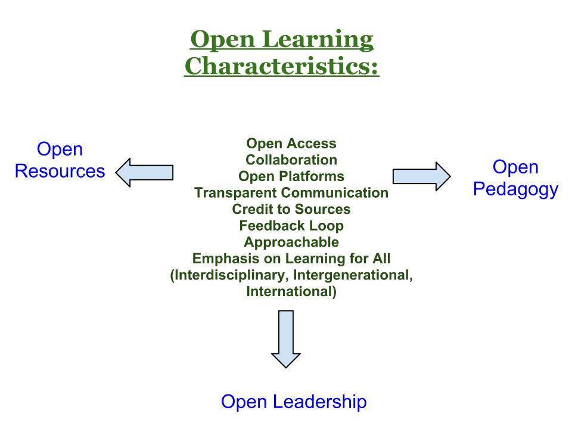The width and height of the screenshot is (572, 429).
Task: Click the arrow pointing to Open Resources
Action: click(144, 173)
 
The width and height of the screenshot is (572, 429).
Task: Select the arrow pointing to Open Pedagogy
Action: click(421, 176)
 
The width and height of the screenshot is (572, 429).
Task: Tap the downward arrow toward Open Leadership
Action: click(286, 339)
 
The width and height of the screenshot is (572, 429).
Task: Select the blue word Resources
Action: click(60, 171)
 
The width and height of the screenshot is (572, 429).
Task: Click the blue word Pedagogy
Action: click(515, 189)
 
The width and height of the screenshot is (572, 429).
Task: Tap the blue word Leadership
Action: click(319, 402)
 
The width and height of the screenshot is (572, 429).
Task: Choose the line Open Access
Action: click(291, 144)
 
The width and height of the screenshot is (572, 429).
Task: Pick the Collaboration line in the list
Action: click(291, 160)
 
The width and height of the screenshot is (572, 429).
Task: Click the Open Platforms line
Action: click(291, 176)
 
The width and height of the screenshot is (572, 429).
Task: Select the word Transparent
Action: click(236, 192)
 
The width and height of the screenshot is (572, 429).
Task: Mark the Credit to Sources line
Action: click(291, 209)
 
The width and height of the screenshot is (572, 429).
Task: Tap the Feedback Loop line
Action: click(291, 225)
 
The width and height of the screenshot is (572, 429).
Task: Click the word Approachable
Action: click(291, 243)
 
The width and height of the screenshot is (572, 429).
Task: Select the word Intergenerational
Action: click(353, 275)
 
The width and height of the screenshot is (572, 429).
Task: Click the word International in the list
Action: click(290, 291)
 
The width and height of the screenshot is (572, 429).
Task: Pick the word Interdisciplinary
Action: click(230, 275)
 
